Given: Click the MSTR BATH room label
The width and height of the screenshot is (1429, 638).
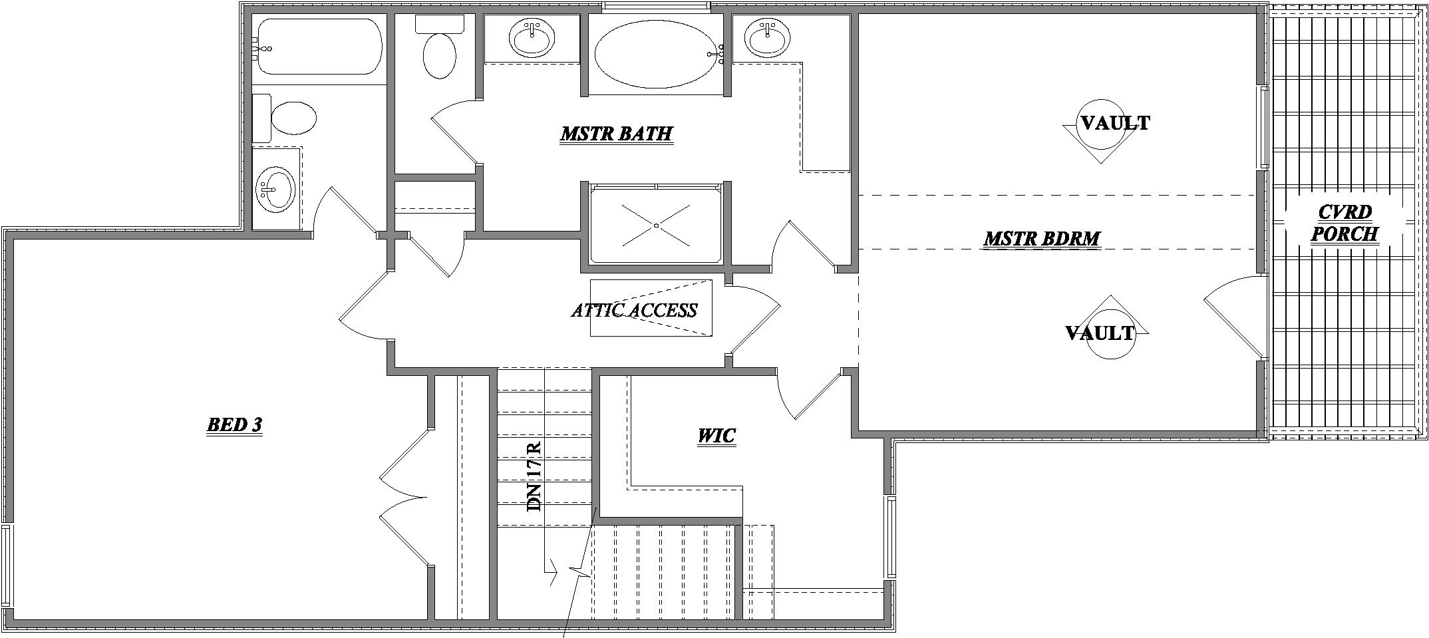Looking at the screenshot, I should (x=616, y=134).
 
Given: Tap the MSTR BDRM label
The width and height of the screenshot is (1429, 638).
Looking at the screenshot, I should (x=1042, y=238).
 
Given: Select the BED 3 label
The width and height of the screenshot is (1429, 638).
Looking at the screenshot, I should (x=235, y=424).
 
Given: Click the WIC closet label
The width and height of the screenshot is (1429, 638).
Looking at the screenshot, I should (x=716, y=436).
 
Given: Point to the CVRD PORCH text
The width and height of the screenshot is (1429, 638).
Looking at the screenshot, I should (x=1344, y=223).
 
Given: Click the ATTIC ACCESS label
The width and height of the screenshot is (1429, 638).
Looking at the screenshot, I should (x=634, y=310).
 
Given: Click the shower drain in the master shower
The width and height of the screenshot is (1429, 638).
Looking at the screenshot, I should (x=656, y=226).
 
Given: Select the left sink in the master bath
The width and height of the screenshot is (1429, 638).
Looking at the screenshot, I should (x=532, y=38).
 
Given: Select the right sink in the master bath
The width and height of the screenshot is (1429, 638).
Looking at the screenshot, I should (x=767, y=38).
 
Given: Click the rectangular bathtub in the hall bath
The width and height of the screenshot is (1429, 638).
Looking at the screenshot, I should (x=319, y=47).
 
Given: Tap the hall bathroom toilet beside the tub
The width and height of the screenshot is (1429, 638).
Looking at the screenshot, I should (x=291, y=118).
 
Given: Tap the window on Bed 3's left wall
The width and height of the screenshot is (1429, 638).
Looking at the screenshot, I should (x=6, y=565).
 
